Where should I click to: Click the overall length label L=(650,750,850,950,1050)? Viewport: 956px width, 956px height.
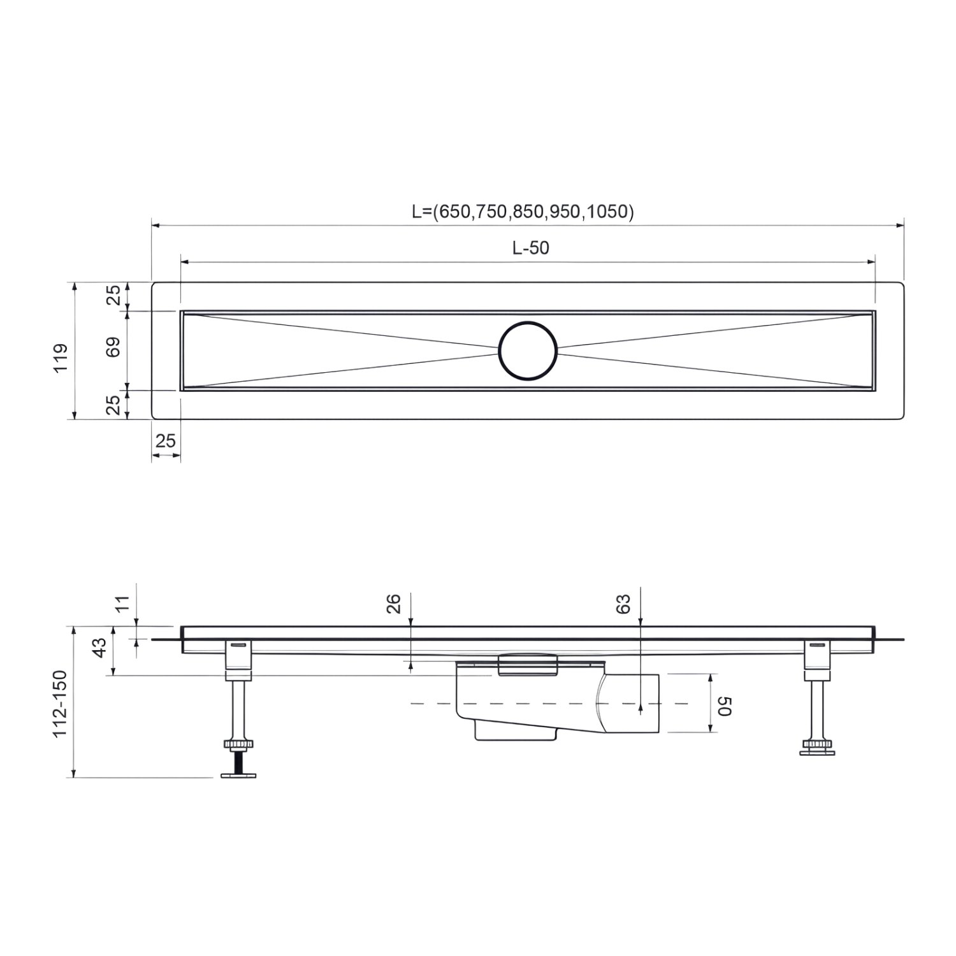tap(523, 212)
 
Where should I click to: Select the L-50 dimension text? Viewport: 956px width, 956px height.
tap(530, 248)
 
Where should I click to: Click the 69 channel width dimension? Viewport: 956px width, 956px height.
tap(113, 347)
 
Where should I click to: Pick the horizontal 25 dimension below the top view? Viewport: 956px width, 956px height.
tap(165, 440)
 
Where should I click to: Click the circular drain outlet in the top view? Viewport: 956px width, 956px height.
tap(528, 351)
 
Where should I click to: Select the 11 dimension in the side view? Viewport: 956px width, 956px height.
tap(122, 602)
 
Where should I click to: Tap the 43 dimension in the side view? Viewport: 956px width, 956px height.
tap(99, 648)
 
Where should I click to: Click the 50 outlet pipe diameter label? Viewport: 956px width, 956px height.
tap(725, 706)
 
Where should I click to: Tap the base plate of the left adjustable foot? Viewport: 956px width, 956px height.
tap(239, 774)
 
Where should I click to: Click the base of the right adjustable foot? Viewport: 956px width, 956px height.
tap(817, 752)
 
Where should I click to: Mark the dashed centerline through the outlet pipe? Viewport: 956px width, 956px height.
tap(433, 704)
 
